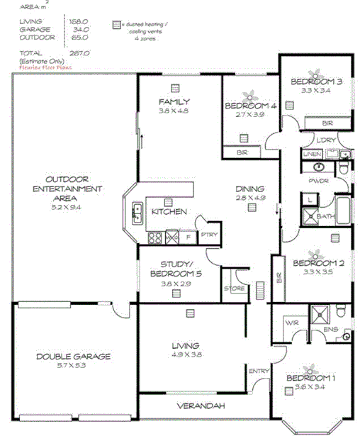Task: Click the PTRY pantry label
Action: pyautogui.click(x=208, y=234)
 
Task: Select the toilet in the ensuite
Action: pyautogui.click(x=341, y=311)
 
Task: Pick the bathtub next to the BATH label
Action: pyautogui.click(x=343, y=211)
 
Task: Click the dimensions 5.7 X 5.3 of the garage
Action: pyautogui.click(x=73, y=367)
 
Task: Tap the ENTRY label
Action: pyautogui.click(x=256, y=371)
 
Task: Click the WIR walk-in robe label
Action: pyautogui.click(x=291, y=323)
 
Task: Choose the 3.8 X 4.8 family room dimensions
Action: pyautogui.click(x=174, y=111)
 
